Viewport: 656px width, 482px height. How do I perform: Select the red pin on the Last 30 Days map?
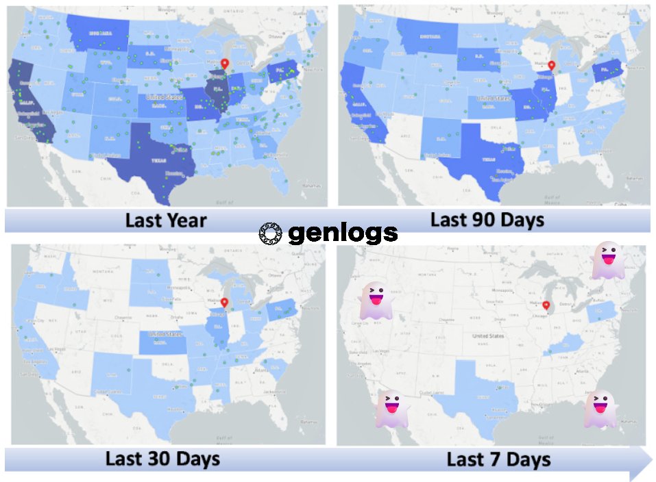224,303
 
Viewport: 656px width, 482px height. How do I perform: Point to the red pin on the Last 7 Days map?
546,305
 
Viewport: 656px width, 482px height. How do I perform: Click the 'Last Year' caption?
165,220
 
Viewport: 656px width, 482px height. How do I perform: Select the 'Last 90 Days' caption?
487,220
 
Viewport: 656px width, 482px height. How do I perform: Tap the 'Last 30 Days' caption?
162,458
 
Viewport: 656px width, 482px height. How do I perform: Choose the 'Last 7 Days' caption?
498,459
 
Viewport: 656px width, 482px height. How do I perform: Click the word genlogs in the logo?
343,234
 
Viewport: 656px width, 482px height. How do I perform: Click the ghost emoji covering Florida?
600,409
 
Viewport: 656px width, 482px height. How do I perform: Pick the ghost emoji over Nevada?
375,301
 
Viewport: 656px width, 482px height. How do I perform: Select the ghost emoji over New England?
608,260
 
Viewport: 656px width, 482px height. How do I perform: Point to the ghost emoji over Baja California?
391,409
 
